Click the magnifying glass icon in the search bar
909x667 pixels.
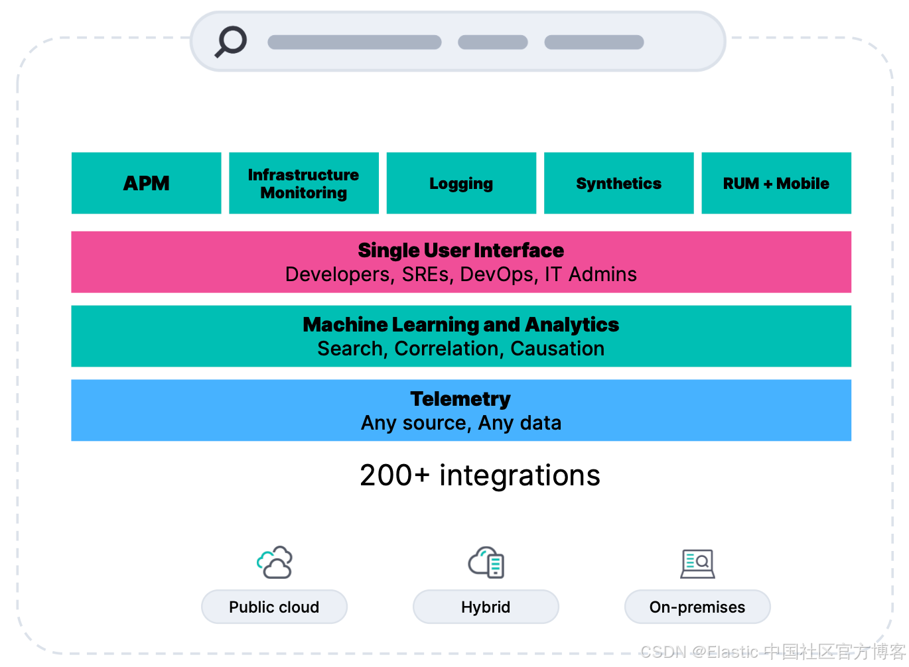tap(231, 41)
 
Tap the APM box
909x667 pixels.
tap(146, 183)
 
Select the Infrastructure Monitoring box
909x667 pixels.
tap(303, 183)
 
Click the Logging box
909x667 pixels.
tap(461, 183)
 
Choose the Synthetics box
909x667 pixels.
tap(618, 183)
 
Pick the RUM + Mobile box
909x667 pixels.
tap(776, 183)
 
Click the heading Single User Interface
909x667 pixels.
tap(460, 251)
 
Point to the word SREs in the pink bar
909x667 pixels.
tap(425, 274)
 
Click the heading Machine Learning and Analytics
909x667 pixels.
tap(460, 325)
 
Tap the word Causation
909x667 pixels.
tap(557, 349)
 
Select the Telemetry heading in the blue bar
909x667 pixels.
tap(460, 399)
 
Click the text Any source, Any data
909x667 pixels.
tap(460, 423)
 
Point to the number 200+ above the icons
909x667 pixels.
tap(395, 476)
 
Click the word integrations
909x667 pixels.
tap(520, 476)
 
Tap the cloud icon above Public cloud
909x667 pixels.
tap(275, 562)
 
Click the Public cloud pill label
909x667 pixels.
tap(274, 607)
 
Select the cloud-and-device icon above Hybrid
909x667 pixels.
tap(486, 562)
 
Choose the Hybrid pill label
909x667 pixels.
tap(486, 607)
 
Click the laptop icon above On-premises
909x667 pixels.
tap(697, 564)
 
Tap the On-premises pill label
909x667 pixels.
tap(697, 607)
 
